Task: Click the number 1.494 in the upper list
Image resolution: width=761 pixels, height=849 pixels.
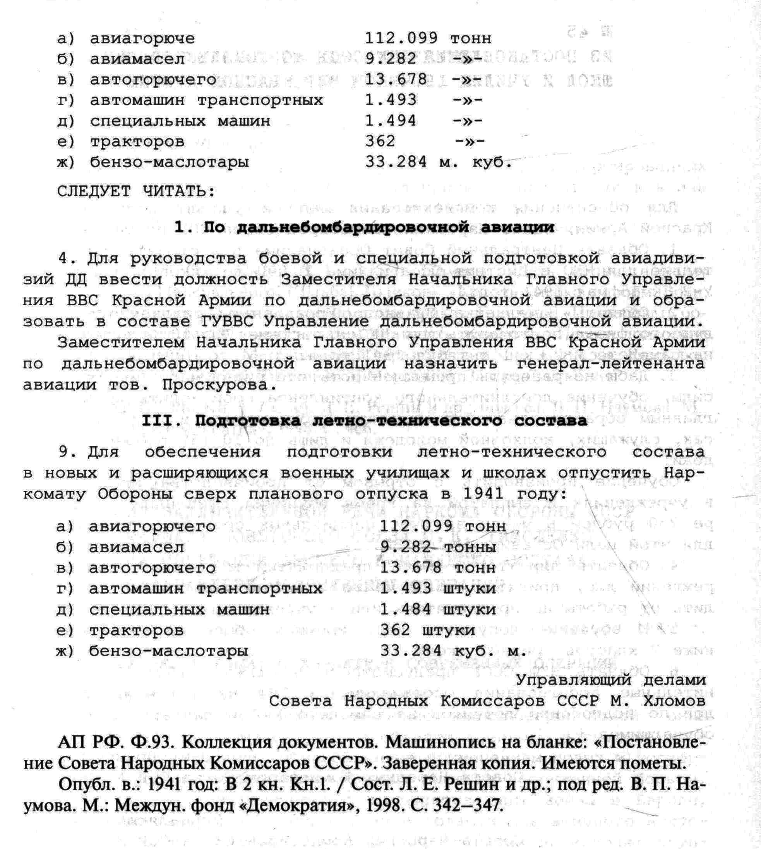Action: point(391,121)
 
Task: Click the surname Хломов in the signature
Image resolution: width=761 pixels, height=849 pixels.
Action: point(674,701)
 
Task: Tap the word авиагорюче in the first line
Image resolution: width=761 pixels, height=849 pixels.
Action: point(142,38)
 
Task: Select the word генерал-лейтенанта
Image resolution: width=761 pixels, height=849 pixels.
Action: point(610,364)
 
